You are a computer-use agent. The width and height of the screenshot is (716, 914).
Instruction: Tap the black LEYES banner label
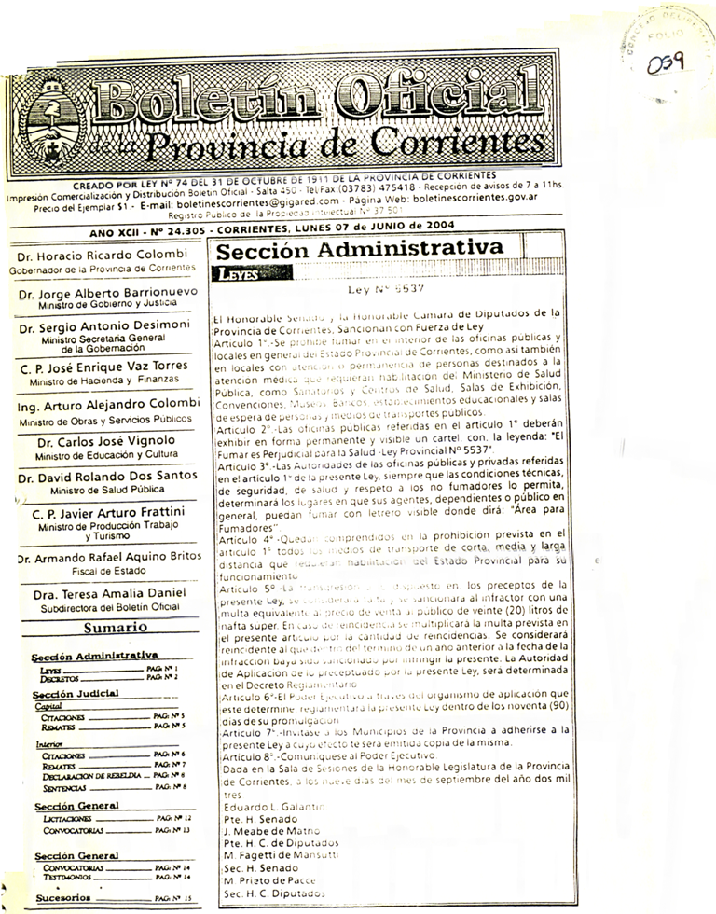click(236, 274)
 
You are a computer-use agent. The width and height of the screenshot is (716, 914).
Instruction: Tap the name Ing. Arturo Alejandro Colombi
click(108, 407)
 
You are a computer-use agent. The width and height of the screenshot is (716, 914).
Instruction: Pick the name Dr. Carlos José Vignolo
click(108, 442)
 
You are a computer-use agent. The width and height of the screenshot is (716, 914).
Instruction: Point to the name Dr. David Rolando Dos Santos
click(108, 478)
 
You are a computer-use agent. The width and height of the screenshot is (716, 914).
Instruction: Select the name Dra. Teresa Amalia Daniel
click(108, 594)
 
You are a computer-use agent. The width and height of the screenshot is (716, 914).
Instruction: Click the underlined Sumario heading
click(109, 628)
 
